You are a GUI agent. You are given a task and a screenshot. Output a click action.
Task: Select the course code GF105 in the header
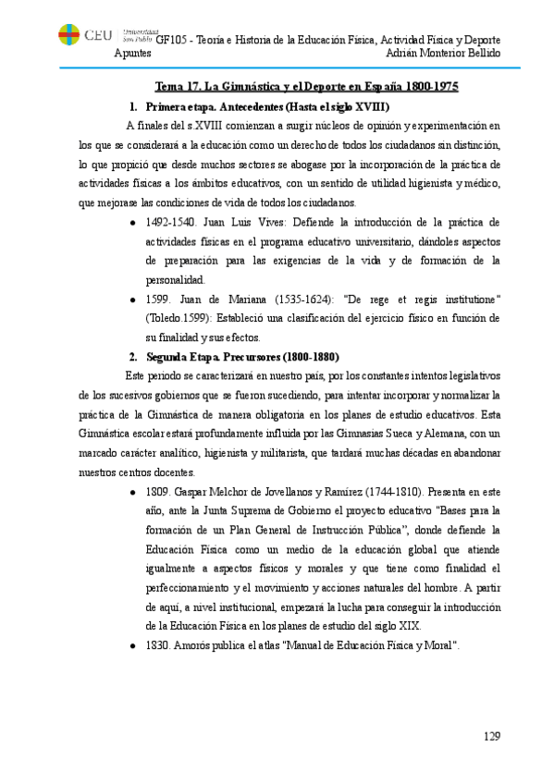(170, 40)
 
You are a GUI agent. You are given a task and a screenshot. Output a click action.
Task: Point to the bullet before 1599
(136, 299)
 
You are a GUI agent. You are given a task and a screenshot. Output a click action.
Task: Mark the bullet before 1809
(136, 492)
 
